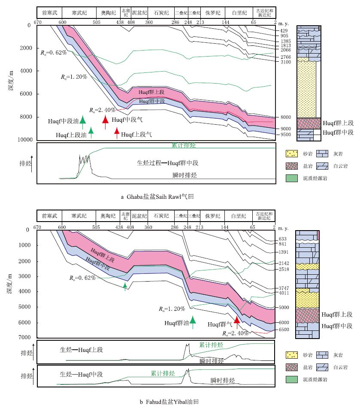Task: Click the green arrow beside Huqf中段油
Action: [x=82, y=122]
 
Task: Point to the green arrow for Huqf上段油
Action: [x=91, y=133]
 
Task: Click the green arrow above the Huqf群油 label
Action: [x=193, y=322]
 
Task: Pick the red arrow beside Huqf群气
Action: [x=236, y=322]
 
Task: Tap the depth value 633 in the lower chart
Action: [x=283, y=239]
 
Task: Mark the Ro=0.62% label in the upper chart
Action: [x=54, y=52]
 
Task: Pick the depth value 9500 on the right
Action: [x=286, y=135]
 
